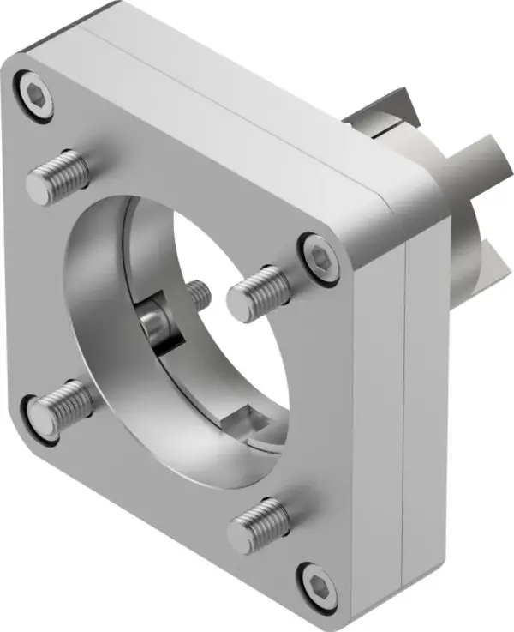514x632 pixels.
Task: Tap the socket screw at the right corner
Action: tap(320, 256)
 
